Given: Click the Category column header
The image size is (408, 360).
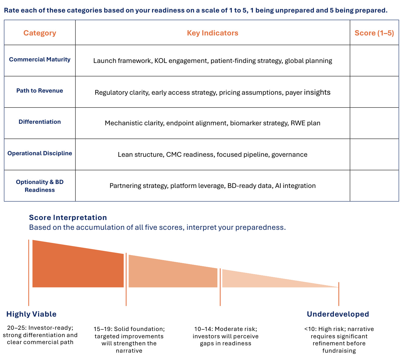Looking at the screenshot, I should coord(40,33).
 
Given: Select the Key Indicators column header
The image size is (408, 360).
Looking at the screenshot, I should coord(213,33).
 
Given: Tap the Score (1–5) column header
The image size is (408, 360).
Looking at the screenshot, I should coord(374,33).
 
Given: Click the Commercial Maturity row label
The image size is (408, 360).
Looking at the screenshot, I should coord(40,60).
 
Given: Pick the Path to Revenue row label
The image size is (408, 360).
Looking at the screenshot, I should coord(40,91).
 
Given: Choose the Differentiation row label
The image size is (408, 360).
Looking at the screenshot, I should coord(40,122).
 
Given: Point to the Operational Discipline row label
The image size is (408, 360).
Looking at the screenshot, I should coord(40,153).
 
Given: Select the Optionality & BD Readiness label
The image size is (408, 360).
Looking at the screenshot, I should coord(40,186).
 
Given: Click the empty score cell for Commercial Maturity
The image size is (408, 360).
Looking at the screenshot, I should coord(374,61).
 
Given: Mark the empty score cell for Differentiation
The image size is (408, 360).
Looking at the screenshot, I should coord(374,123).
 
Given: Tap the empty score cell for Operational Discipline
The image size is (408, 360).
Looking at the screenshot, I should coord(374,154).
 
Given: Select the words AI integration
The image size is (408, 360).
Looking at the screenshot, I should coord(295,186).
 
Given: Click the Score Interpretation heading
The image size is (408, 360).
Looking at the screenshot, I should coord(68,218).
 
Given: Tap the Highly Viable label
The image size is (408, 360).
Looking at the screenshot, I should coord(31,314).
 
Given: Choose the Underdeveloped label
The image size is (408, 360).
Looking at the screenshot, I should coord(338,314).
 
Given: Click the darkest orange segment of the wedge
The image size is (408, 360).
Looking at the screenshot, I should coord(78,267).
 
